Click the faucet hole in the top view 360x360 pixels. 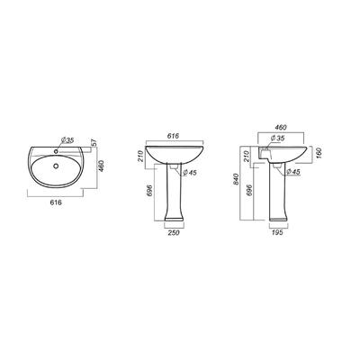56,151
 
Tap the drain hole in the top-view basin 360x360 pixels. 55,166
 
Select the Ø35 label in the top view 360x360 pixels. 67,140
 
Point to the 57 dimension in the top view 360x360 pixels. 94,143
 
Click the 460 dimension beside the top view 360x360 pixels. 101,166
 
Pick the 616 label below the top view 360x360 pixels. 56,202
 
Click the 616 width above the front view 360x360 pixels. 173,136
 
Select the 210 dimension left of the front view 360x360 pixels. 140,156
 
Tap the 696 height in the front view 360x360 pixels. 150,191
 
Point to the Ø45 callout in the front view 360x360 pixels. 189,173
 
